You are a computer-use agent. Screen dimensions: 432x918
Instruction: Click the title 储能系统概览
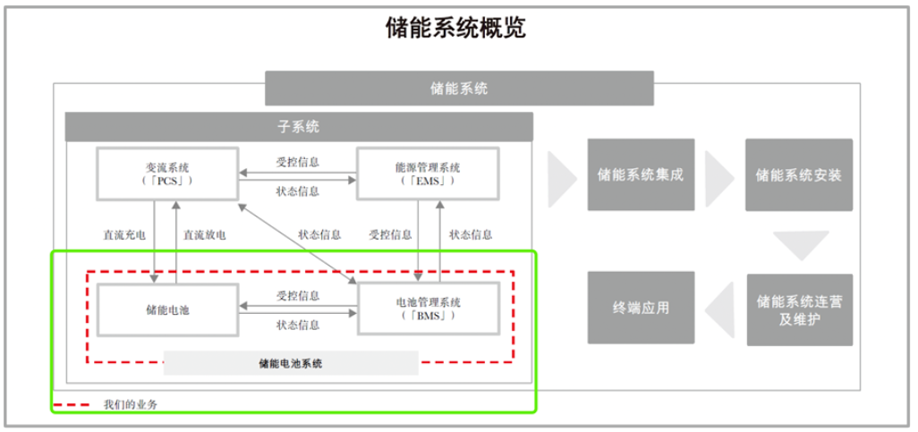pos(455,28)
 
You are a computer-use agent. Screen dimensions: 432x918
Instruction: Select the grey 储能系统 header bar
pos(459,89)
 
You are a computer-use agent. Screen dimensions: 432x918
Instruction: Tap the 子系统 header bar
pos(299,126)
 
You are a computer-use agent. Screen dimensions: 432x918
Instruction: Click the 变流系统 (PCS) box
pos(167,174)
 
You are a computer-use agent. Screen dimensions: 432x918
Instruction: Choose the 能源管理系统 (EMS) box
pos(427,174)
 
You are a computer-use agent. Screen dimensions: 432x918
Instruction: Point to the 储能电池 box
pos(167,309)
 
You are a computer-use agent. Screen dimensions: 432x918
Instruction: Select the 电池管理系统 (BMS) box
pos(427,309)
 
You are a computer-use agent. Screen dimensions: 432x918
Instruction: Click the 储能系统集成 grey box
pos(641,174)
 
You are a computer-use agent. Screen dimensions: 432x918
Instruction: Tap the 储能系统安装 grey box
pos(798,174)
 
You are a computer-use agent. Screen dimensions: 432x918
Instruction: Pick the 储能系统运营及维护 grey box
pos(798,309)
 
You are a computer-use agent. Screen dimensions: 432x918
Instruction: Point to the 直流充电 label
pos(124,235)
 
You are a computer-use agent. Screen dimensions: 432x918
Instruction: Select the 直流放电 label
pos(204,235)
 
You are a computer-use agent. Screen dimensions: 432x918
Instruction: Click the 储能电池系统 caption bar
pos(291,363)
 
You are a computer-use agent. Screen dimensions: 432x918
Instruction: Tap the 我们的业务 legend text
pos(130,404)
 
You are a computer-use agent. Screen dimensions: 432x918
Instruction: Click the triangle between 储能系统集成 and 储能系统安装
pos(718,175)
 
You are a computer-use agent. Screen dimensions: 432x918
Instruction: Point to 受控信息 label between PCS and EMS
pos(297,162)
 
